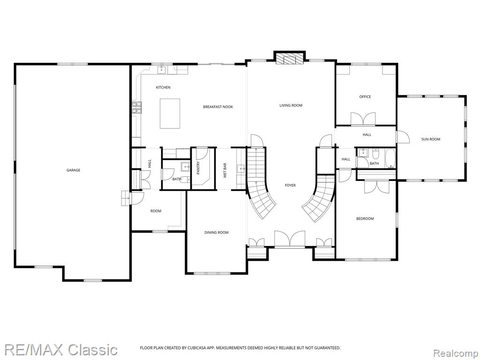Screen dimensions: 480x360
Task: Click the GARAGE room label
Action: click(x=74, y=170)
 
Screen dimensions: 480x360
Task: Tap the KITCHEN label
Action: click(x=163, y=88)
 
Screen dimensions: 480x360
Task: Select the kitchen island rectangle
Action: click(x=170, y=113)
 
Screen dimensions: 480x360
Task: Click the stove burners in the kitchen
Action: click(x=137, y=107)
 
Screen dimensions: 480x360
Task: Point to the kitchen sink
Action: click(x=162, y=70)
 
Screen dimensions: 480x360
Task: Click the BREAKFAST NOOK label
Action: click(x=218, y=107)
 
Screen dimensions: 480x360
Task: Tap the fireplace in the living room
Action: click(x=289, y=58)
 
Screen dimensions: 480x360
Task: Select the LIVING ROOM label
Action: click(x=291, y=105)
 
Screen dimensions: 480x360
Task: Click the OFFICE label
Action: click(x=365, y=97)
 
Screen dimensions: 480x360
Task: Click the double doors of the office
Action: click(x=363, y=119)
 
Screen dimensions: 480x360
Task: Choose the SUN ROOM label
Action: click(x=431, y=139)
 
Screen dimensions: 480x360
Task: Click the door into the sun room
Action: click(x=403, y=137)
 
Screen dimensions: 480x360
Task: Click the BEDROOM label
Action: click(x=365, y=219)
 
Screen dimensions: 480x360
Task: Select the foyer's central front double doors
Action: click(x=290, y=239)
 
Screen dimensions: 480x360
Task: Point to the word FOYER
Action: click(x=290, y=186)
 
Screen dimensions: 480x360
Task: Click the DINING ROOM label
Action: click(x=217, y=232)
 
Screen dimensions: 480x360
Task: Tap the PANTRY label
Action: click(x=198, y=168)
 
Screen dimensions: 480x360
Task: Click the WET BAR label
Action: click(x=225, y=171)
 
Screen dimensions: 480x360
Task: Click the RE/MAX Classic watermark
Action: click(x=61, y=350)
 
